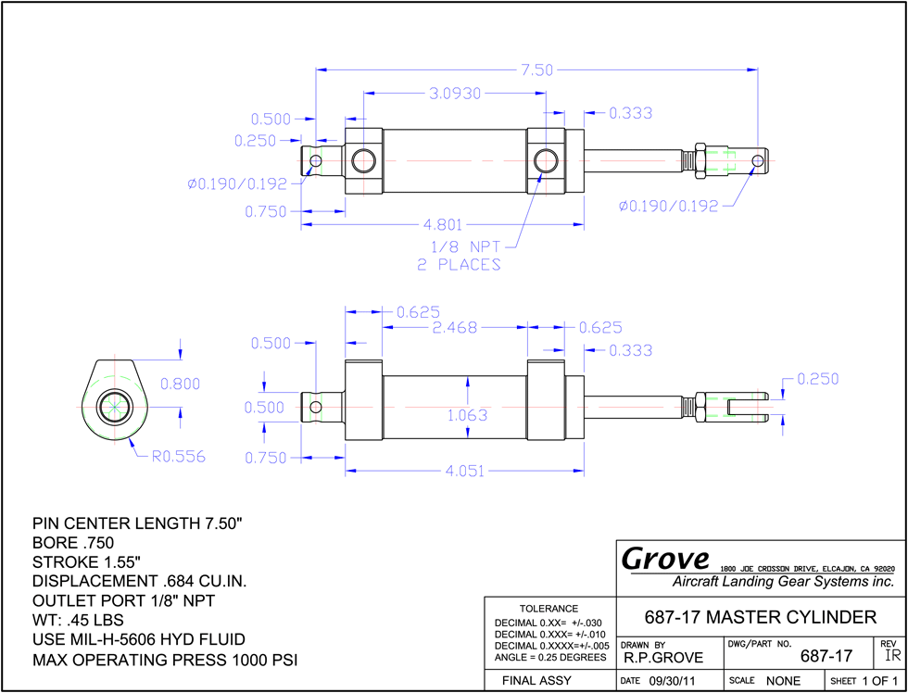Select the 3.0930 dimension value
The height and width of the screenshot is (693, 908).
pyautogui.click(x=455, y=94)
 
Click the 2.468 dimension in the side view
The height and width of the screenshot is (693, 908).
pyautogui.click(x=455, y=328)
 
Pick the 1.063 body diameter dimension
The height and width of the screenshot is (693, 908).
pyautogui.click(x=468, y=415)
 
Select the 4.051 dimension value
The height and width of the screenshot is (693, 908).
pyautogui.click(x=465, y=471)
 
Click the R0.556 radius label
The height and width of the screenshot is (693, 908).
pyautogui.click(x=178, y=457)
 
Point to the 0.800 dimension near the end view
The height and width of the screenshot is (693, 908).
pyautogui.click(x=180, y=384)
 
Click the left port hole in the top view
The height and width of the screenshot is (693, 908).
pyautogui.click(x=363, y=160)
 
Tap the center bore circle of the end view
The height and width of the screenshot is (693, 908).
pyautogui.click(x=115, y=407)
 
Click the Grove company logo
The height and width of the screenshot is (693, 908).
pyautogui.click(x=665, y=558)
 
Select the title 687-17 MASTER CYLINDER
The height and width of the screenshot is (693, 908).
pyautogui.click(x=761, y=617)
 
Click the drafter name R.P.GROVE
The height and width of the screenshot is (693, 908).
pyautogui.click(x=663, y=658)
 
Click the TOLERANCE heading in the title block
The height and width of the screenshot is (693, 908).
pyautogui.click(x=549, y=609)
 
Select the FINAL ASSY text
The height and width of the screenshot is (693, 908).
pyautogui.click(x=536, y=680)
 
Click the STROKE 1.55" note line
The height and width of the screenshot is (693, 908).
pyautogui.click(x=87, y=561)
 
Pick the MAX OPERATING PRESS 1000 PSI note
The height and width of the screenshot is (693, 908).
pyautogui.click(x=165, y=660)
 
